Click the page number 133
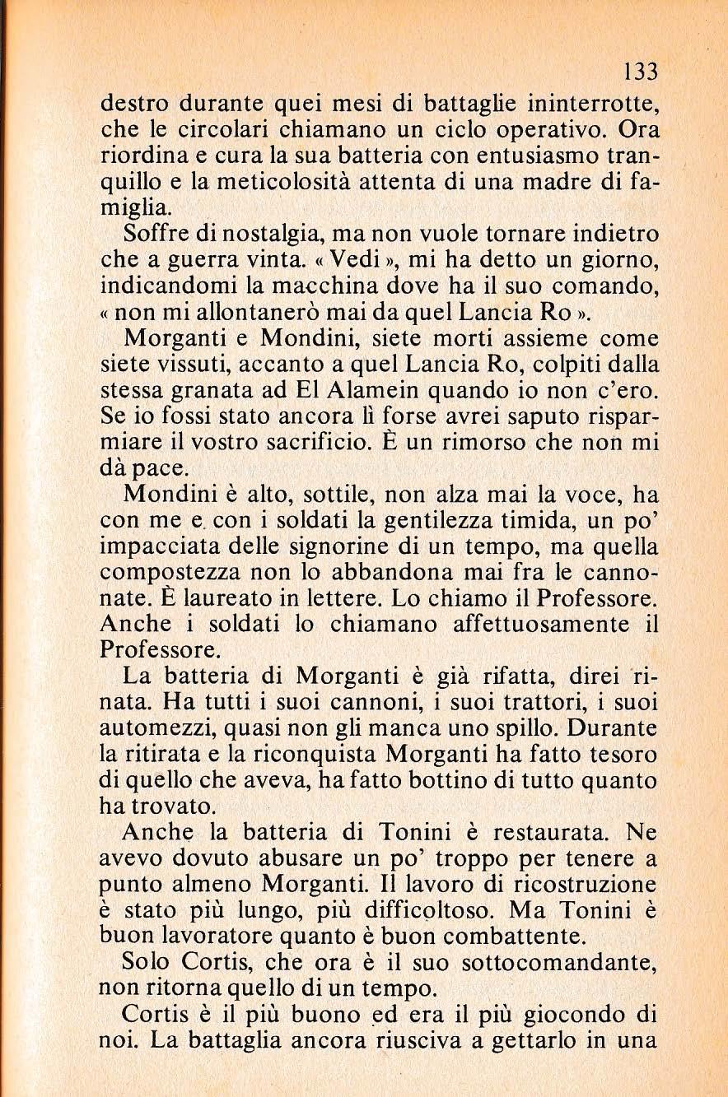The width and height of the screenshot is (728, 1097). tap(641, 72)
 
